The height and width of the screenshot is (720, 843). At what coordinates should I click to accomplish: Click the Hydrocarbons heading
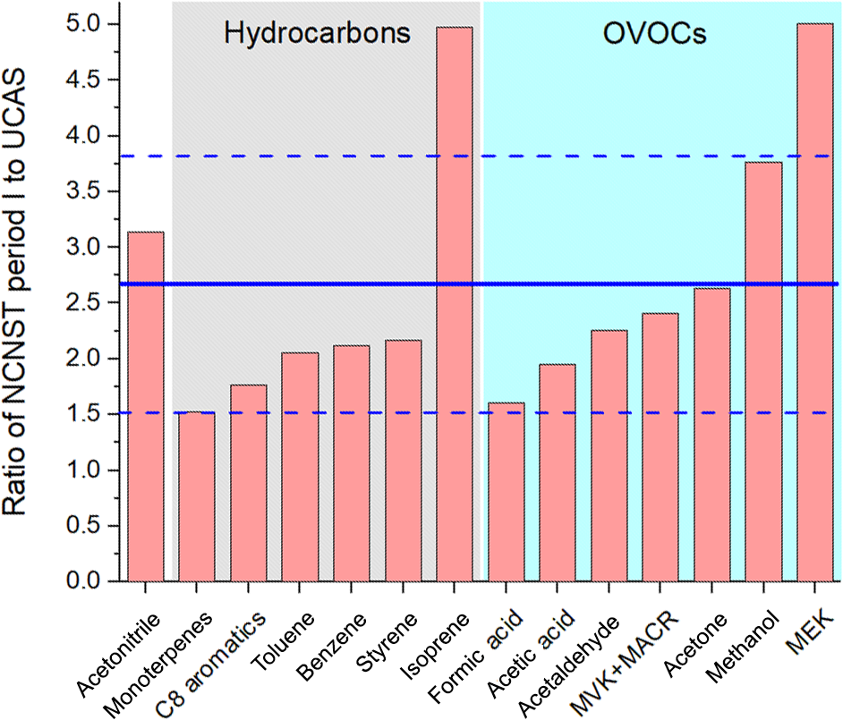317,34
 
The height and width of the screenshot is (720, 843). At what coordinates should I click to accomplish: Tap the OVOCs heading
654,34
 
